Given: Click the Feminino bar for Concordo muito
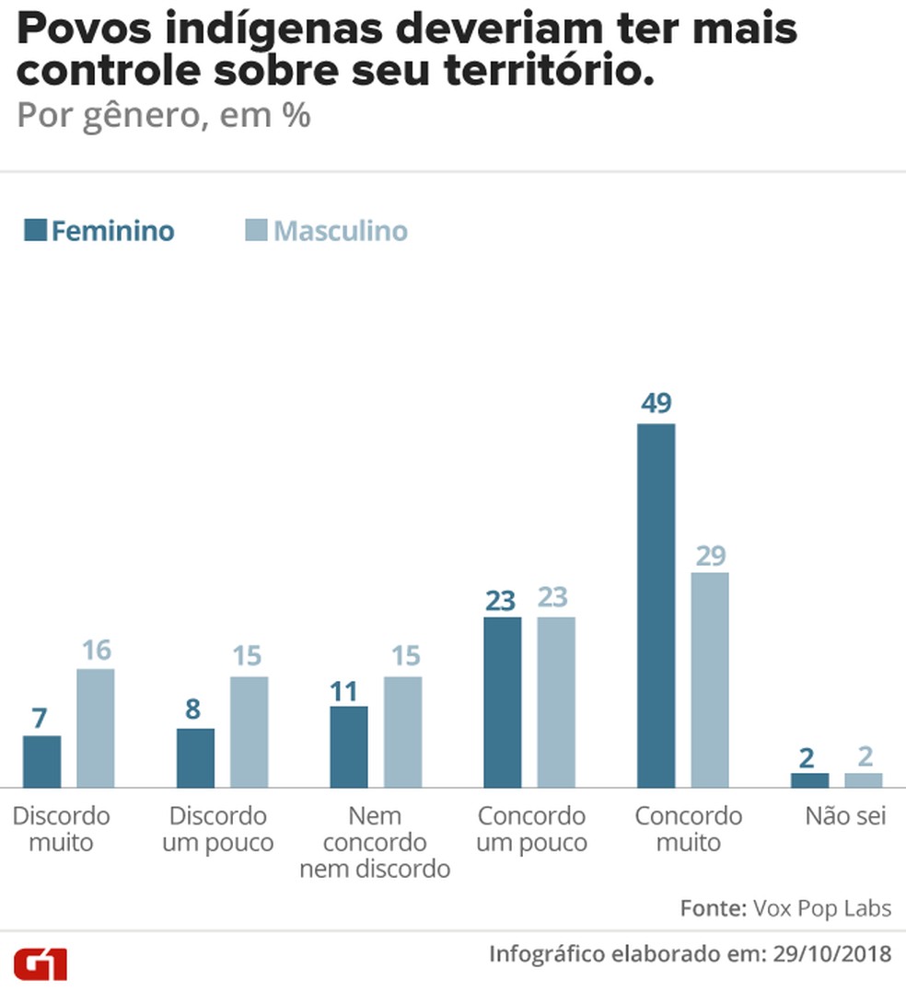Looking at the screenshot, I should click(x=656, y=605).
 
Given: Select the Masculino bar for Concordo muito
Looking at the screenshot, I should click(x=709, y=680).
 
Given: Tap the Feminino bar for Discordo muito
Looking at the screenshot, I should click(x=41, y=762).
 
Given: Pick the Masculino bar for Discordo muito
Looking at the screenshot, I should click(x=95, y=728).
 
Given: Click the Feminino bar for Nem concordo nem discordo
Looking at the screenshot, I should click(x=349, y=746).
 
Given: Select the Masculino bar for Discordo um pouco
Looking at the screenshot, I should click(x=249, y=732).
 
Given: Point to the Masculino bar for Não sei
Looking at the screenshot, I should click(x=863, y=780).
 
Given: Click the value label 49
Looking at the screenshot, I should click(x=656, y=403).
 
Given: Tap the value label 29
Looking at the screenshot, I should click(x=710, y=556).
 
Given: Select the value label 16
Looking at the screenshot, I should click(x=95, y=651).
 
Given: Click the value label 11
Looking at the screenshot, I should click(x=349, y=690).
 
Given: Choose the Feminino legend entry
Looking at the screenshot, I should click(x=99, y=230).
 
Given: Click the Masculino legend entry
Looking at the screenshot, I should click(x=327, y=230).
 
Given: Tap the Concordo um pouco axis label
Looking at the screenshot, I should click(x=531, y=829).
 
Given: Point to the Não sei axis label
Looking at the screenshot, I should click(x=845, y=816).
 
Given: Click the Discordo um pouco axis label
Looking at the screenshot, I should click(x=218, y=829).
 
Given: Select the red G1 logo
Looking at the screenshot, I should click(x=40, y=963).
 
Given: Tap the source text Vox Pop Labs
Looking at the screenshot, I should click(x=821, y=908).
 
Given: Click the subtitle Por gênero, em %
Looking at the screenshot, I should click(x=164, y=117).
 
